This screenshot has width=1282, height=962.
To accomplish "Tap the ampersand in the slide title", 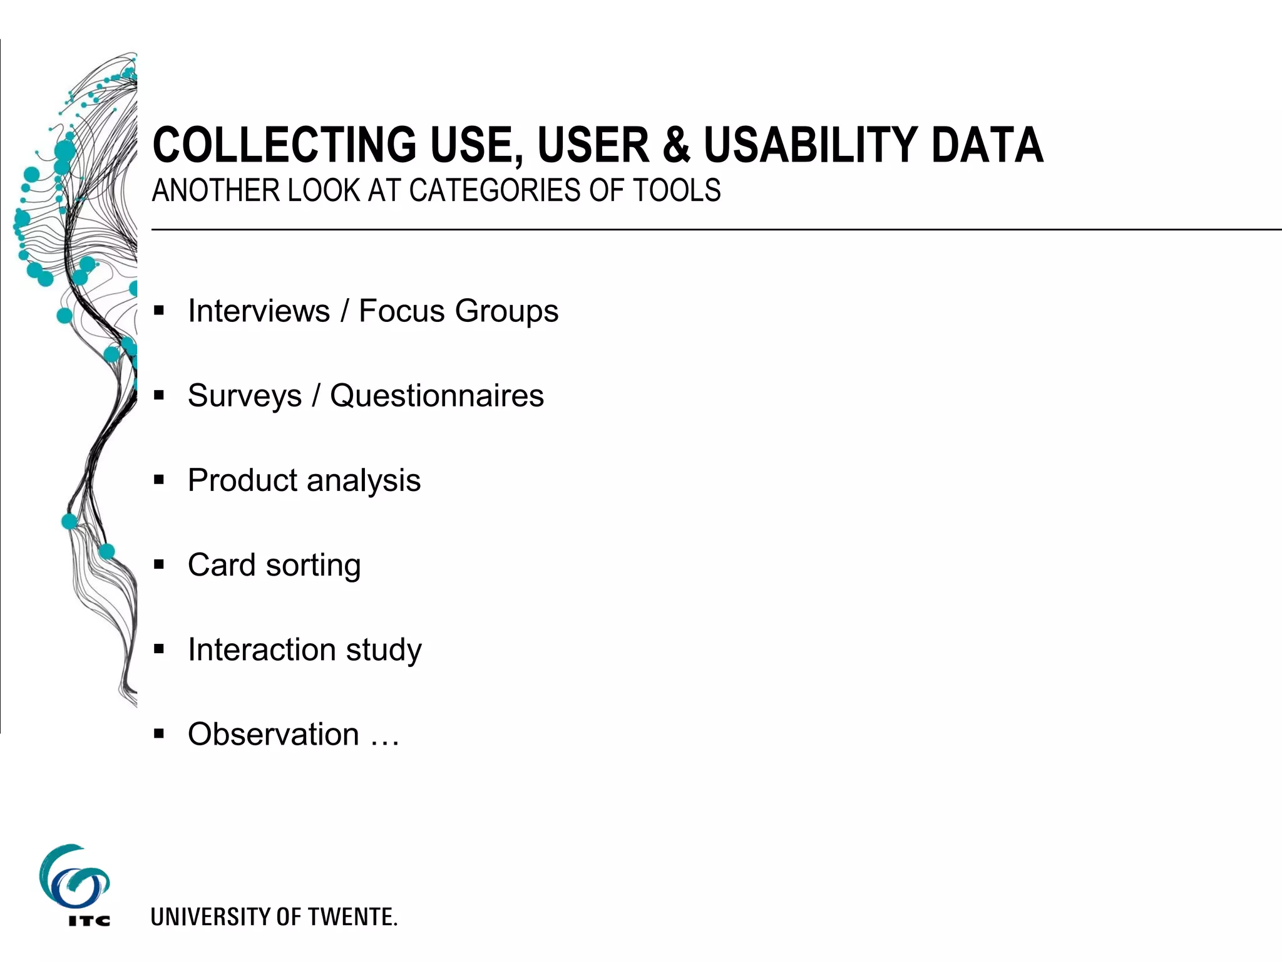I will point(675,146).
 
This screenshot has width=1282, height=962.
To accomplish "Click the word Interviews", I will point(259,311).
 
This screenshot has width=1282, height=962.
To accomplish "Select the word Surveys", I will point(245,396).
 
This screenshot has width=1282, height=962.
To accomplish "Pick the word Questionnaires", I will point(437,396).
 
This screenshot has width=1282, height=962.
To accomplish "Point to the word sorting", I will point(313,566).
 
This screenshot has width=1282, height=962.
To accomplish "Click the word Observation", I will point(274,734).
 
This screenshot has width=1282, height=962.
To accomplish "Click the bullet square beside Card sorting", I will point(159,565).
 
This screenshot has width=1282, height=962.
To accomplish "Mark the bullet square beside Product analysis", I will point(159,480).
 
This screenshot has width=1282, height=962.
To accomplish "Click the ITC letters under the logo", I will point(89,921).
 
